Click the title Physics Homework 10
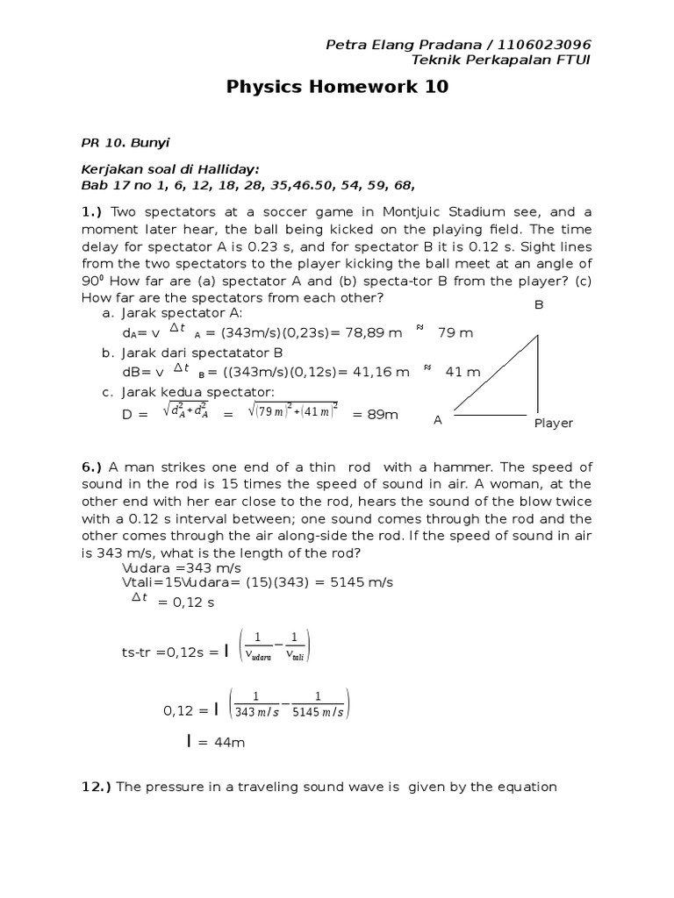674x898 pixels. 338,87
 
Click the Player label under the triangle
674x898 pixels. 553,423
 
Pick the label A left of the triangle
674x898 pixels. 437,420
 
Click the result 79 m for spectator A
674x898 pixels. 455,333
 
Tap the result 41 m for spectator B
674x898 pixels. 463,372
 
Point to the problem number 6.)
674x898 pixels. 93,467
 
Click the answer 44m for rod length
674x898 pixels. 221,743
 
